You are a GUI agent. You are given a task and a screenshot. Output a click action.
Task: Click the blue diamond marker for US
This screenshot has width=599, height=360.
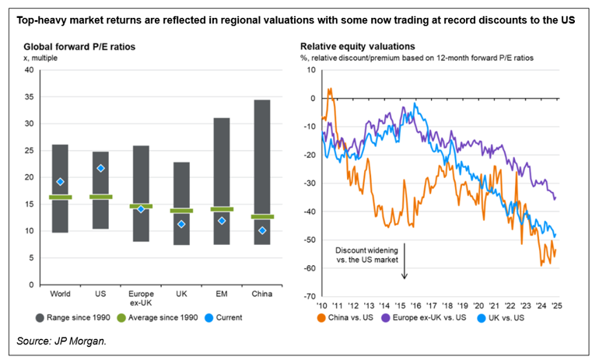pyautogui.click(x=100, y=168)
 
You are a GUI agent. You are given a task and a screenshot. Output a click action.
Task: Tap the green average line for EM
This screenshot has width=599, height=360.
pyautogui.click(x=222, y=209)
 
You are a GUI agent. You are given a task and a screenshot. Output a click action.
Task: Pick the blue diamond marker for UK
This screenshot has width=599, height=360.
pyautogui.click(x=181, y=224)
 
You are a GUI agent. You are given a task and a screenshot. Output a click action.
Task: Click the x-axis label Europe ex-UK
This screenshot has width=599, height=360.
pyautogui.click(x=141, y=299)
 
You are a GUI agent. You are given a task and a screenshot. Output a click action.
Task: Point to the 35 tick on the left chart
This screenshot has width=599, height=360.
pyautogui.click(x=29, y=97)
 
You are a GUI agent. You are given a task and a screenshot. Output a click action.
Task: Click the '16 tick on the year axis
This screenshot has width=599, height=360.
pyautogui.click(x=416, y=305)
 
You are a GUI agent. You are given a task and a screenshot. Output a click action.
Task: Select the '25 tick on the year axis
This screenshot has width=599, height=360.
pyautogui.click(x=557, y=305)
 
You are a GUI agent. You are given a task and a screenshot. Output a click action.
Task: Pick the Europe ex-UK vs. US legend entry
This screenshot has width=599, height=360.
pyautogui.click(x=436, y=317)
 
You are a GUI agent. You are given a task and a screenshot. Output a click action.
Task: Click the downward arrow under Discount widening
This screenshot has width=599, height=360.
pyautogui.click(x=405, y=269)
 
